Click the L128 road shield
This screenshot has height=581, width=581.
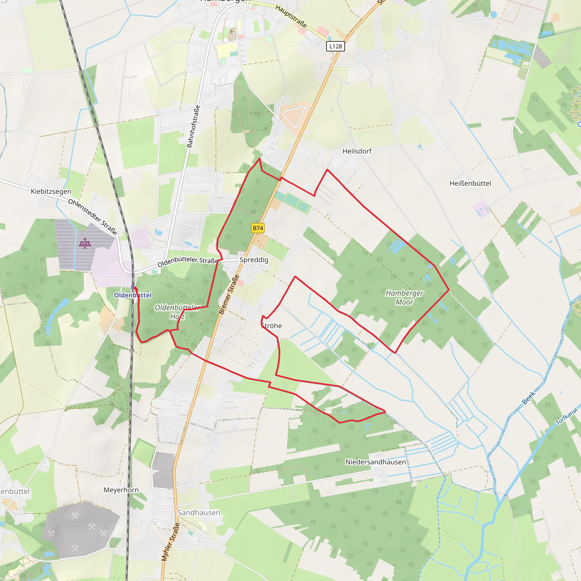click(335, 46)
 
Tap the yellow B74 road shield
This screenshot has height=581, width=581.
click(258, 228)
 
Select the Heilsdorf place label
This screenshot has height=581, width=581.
click(357, 151)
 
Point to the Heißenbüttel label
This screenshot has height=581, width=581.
click(470, 183)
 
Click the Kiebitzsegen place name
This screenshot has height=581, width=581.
click(51, 191)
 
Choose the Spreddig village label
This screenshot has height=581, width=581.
click(254, 260)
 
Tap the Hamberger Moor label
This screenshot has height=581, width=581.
click(404, 297)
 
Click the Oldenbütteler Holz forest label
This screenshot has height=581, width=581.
click(177, 311)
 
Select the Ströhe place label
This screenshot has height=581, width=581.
click(271, 326)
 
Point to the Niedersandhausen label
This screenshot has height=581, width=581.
click(375, 462)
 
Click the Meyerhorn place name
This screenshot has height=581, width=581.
click(121, 490)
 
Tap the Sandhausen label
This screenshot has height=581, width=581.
click(199, 512)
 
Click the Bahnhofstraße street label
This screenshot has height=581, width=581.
click(193, 126)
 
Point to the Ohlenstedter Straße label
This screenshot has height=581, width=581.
click(92, 216)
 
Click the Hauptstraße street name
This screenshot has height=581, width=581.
click(291, 16)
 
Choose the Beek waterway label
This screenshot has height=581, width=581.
click(529, 397)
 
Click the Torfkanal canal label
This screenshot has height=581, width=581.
click(567, 416)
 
